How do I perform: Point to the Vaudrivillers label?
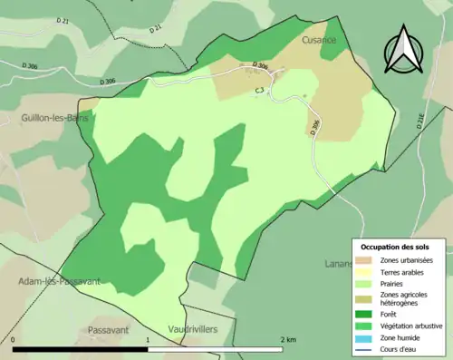click(193, 330)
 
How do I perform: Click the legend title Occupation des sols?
click(397, 247)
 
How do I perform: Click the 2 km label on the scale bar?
click(288, 339)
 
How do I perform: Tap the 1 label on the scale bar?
click(148, 339)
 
